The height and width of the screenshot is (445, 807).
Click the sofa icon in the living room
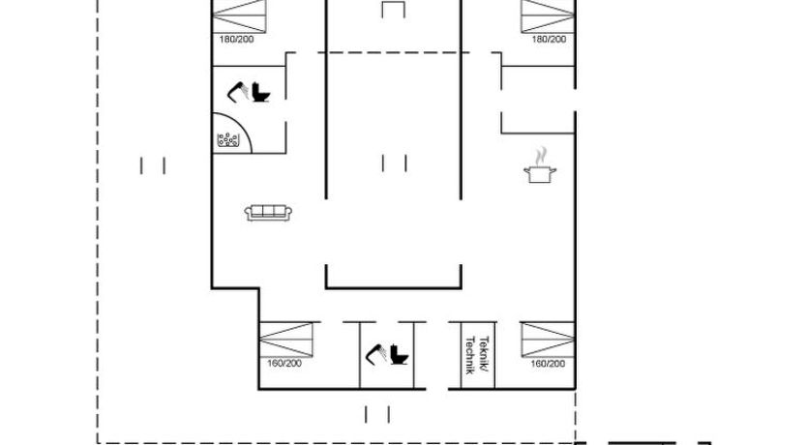[x=268, y=213]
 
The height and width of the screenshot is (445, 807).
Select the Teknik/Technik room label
[x=477, y=355]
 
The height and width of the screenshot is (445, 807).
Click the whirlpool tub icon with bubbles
[x=228, y=139]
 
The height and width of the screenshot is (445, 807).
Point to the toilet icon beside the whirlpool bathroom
[x=261, y=92]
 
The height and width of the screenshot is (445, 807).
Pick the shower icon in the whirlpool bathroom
[x=238, y=92]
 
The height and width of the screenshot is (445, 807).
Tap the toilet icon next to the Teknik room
[x=399, y=354]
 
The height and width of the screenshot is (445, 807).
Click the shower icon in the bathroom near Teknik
[x=376, y=354]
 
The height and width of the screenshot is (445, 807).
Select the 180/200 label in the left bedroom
[x=237, y=39]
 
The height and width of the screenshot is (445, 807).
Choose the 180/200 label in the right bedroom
[x=549, y=39]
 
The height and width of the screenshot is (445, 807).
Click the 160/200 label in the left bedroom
[x=284, y=363]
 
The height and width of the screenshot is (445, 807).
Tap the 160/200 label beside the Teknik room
[x=548, y=364]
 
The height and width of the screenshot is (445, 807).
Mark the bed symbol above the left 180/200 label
[x=239, y=16]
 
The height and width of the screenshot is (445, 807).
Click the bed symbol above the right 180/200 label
[x=548, y=16]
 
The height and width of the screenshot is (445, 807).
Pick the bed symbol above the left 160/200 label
[x=286, y=339]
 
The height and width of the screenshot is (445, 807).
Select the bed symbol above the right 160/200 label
[x=548, y=339]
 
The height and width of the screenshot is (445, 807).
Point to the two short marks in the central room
[x=395, y=163]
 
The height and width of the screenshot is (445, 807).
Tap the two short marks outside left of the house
[x=153, y=165]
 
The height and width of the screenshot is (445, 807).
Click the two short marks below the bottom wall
[x=377, y=414]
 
